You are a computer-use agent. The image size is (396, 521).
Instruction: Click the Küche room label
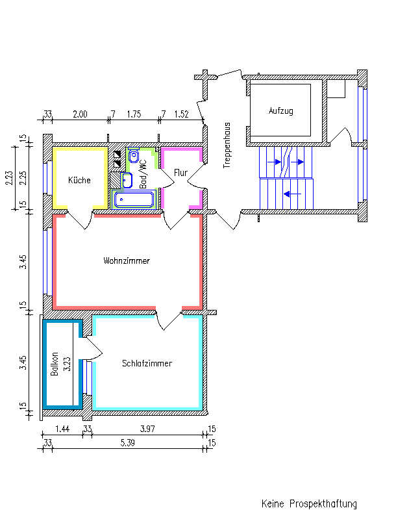click(x=80, y=180)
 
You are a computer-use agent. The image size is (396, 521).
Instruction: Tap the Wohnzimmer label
click(x=127, y=260)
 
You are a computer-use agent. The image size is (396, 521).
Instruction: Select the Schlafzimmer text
click(x=147, y=363)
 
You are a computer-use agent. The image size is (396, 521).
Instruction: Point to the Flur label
click(x=180, y=173)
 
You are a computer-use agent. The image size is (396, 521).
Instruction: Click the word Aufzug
click(x=281, y=110)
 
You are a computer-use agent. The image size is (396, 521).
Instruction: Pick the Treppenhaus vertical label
click(x=227, y=146)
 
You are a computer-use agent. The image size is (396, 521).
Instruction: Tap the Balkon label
click(x=55, y=364)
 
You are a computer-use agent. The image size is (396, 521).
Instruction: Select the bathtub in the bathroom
click(x=134, y=199)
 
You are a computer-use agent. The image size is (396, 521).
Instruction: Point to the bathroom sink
click(x=127, y=179)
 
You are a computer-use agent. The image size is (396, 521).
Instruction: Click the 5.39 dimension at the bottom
click(x=129, y=443)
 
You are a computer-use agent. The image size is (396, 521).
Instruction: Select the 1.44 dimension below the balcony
click(x=62, y=429)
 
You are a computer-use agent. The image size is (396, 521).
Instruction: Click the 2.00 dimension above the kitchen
click(x=80, y=114)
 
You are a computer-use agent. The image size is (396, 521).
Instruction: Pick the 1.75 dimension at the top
click(x=134, y=114)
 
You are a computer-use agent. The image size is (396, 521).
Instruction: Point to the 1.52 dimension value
click(x=182, y=114)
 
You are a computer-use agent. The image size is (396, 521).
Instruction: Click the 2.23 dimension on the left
click(x=9, y=177)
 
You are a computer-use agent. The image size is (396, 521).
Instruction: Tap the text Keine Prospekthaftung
click(x=309, y=503)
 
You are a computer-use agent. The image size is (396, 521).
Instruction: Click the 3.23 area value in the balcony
click(x=66, y=363)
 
